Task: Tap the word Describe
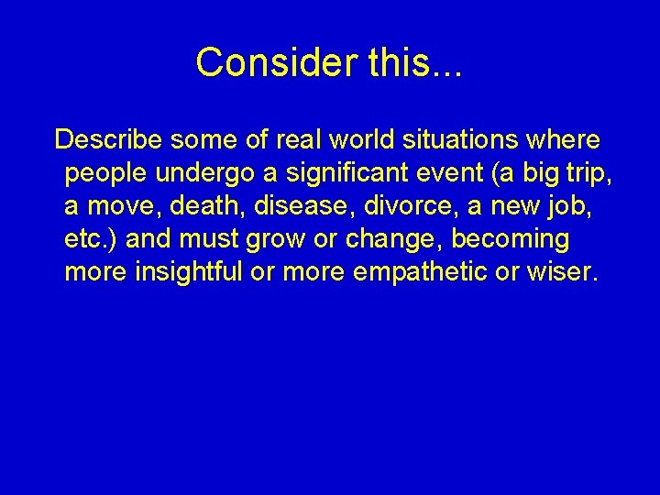tap(107, 139)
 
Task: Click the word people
tap(108, 174)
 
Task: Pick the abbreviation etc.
tap(91, 239)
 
